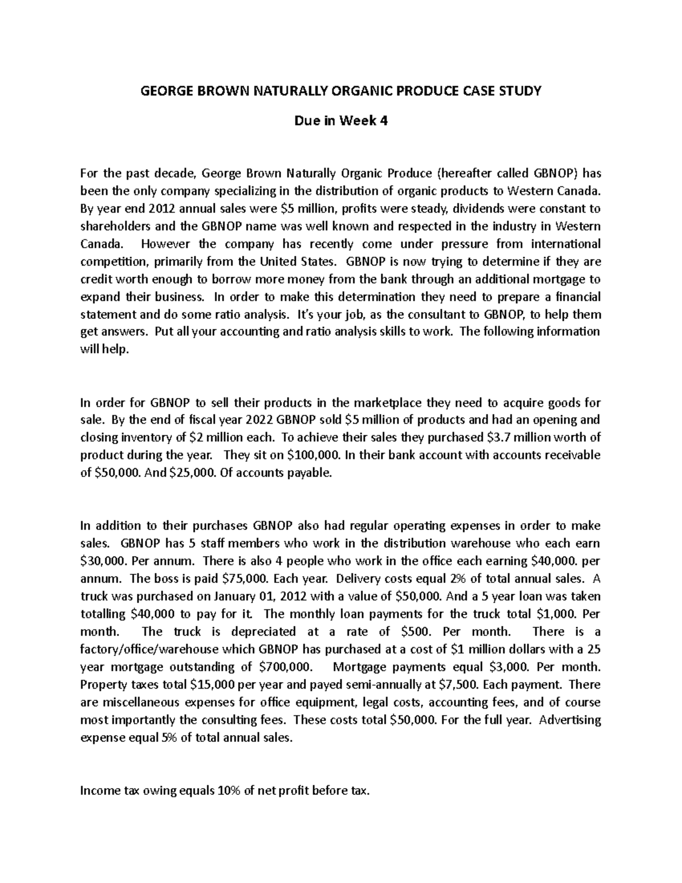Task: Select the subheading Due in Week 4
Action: (x=340, y=120)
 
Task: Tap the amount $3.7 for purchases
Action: (x=502, y=438)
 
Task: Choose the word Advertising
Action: (x=569, y=720)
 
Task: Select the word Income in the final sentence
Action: (x=101, y=790)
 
